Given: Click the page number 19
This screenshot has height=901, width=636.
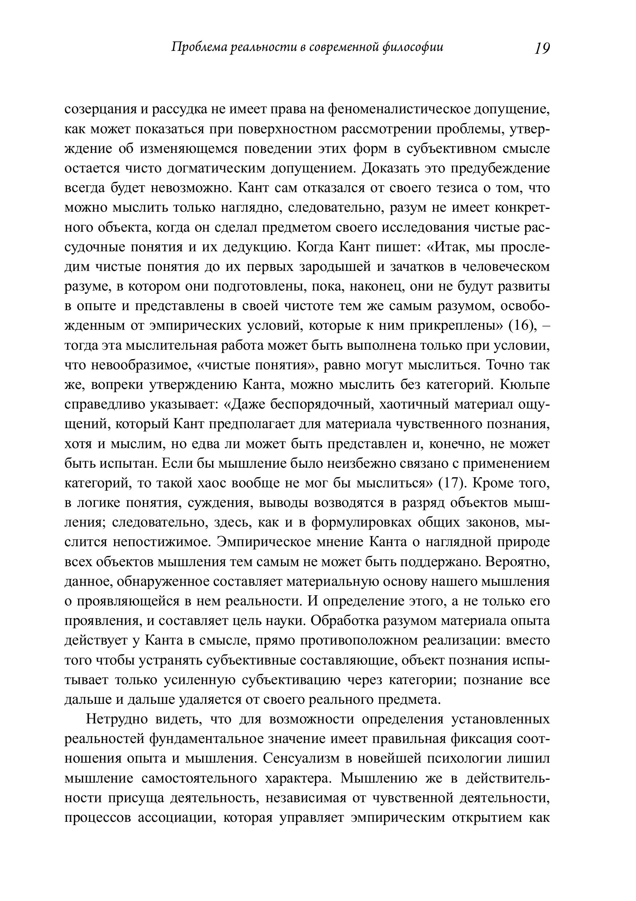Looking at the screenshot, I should point(542,48).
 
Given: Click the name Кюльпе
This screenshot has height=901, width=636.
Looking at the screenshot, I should point(525,385).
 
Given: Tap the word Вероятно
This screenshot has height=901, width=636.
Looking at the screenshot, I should point(517,561).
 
